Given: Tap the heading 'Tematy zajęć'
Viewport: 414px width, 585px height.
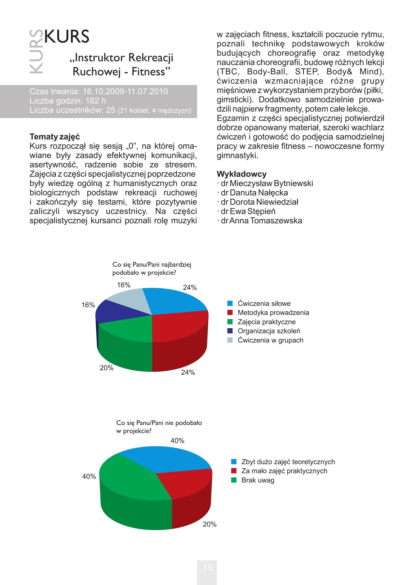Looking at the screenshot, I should pyautogui.click(x=55, y=137).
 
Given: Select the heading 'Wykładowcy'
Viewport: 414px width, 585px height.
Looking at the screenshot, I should pyautogui.click(x=241, y=174).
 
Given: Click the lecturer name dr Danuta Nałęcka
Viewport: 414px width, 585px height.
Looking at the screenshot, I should pyautogui.click(x=254, y=193).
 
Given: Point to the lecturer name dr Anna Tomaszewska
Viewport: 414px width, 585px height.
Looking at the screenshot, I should pyautogui.click(x=261, y=221).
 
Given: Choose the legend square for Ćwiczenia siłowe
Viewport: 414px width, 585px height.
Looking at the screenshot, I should pyautogui.click(x=230, y=303).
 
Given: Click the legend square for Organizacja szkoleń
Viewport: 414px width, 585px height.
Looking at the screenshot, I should pyautogui.click(x=230, y=331).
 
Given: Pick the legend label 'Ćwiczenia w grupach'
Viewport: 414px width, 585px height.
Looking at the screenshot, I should pyautogui.click(x=270, y=340).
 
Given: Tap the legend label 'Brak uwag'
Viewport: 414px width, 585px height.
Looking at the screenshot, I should pyautogui.click(x=258, y=480).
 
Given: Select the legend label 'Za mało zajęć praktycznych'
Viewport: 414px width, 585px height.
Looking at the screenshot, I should pyautogui.click(x=284, y=471).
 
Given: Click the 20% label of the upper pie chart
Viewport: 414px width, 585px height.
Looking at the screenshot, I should pyautogui.click(x=107, y=368).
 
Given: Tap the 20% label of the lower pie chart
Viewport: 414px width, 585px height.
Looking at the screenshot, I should pyautogui.click(x=210, y=524).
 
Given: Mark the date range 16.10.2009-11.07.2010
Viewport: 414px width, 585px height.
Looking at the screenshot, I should pyautogui.click(x=125, y=92).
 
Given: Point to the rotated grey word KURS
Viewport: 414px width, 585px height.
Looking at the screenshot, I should pyautogui.click(x=36, y=52).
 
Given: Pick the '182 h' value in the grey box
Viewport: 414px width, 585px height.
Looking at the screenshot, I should pyautogui.click(x=96, y=101).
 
